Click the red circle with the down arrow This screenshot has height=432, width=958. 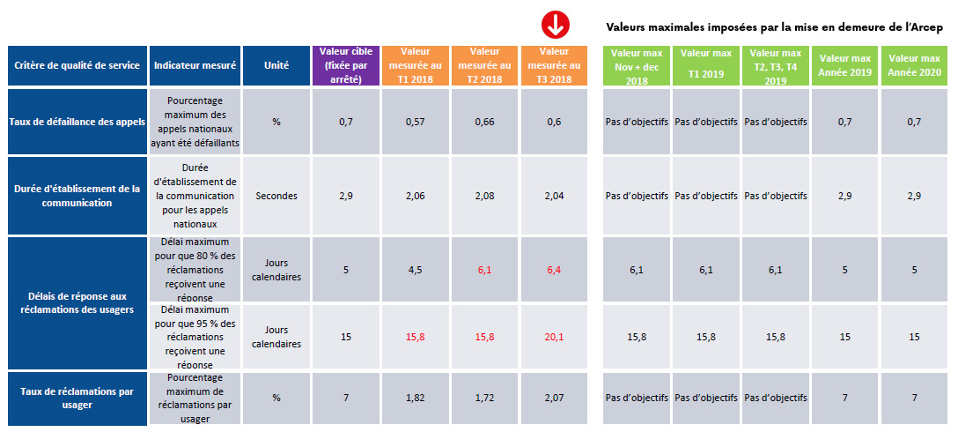pyautogui.click(x=555, y=26)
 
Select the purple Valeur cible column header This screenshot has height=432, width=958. pyautogui.click(x=346, y=65)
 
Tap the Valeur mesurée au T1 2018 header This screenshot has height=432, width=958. pyautogui.click(x=416, y=65)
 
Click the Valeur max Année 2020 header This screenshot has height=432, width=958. pyautogui.click(x=915, y=65)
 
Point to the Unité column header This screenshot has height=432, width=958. pyautogui.click(x=276, y=66)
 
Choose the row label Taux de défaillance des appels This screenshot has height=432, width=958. pyautogui.click(x=76, y=122)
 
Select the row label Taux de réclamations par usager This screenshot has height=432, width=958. pyautogui.click(x=76, y=398)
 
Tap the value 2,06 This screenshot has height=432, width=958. pyautogui.click(x=416, y=196)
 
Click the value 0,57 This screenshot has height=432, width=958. pyautogui.click(x=416, y=122)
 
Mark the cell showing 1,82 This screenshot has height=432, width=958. pyautogui.click(x=416, y=398)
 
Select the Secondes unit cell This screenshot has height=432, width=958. pyautogui.click(x=276, y=196)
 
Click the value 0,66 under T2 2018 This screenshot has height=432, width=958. pyautogui.click(x=485, y=122)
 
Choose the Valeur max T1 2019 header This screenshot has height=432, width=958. pyautogui.click(x=705, y=65)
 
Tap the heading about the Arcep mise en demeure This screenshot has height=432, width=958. pyautogui.click(x=775, y=27)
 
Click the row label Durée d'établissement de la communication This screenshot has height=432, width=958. pyautogui.click(x=76, y=196)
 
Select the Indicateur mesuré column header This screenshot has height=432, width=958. pyautogui.click(x=193, y=66)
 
